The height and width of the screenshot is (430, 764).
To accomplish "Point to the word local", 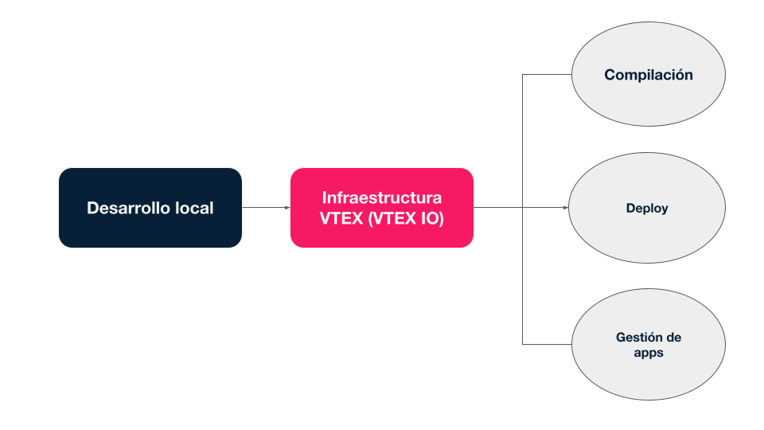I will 194,208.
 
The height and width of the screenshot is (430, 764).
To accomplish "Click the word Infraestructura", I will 382,197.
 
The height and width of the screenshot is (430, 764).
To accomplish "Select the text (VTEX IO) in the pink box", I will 407,218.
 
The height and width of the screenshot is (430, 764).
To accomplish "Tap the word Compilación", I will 648,75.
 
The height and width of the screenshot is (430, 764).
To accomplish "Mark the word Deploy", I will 647,209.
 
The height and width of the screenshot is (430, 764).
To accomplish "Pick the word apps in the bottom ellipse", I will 648,352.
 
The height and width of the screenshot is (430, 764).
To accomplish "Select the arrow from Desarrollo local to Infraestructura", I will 265,208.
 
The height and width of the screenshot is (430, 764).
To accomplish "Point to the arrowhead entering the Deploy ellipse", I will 566,208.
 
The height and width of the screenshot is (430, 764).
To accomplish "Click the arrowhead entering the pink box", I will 286,208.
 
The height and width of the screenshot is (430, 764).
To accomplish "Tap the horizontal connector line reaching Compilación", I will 547,75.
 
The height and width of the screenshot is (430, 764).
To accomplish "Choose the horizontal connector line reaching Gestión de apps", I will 547,344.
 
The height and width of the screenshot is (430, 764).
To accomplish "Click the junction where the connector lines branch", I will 523,208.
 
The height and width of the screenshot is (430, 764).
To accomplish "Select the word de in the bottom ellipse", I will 673,337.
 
